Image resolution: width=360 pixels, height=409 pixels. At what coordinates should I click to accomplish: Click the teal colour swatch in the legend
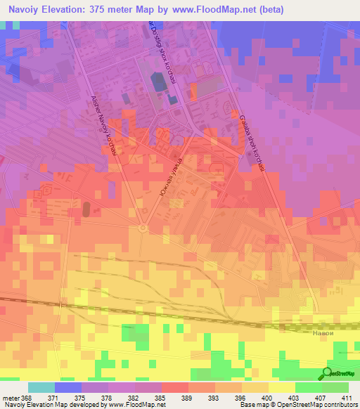point(41,387)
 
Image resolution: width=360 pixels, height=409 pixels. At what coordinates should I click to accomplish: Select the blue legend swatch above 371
point(68,387)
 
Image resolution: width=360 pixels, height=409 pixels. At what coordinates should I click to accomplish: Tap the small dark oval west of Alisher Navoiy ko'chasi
point(86,209)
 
